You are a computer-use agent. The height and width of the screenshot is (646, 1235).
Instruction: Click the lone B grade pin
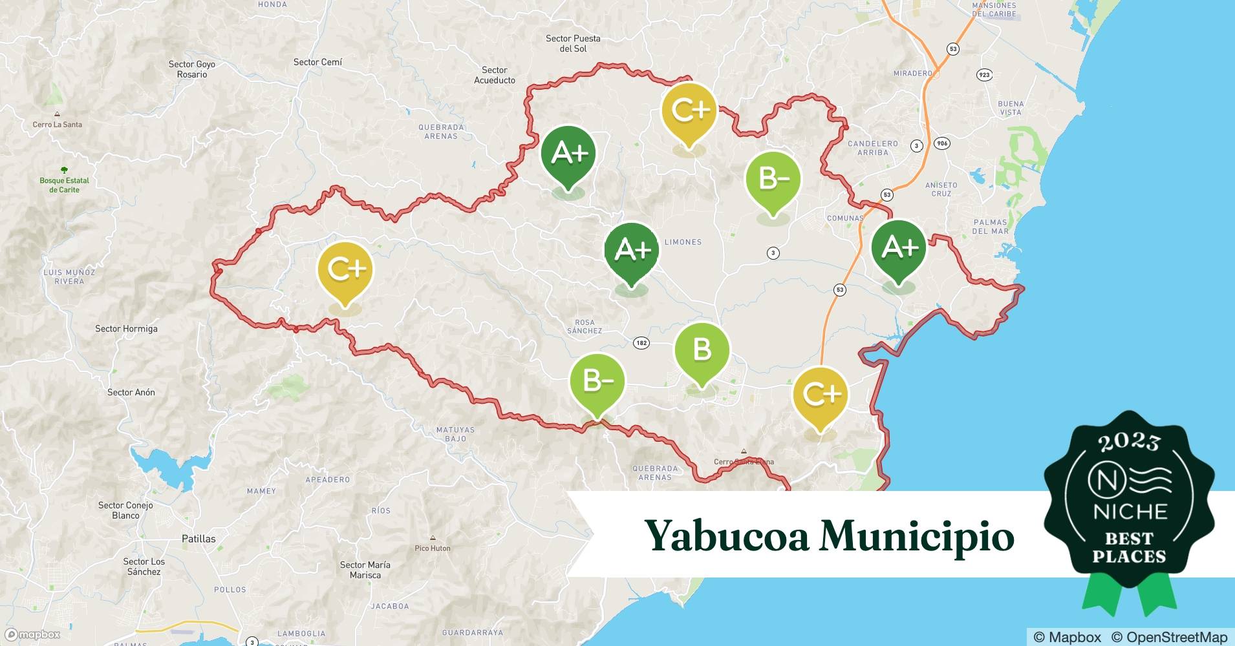click(702, 351)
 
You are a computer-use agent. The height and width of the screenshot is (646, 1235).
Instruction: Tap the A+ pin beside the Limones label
click(632, 250)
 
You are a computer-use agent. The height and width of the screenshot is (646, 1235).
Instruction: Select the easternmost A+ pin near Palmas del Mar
click(899, 247)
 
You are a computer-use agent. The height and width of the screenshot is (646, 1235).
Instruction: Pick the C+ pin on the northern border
click(689, 110)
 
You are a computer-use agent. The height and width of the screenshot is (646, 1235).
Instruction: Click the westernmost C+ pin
click(345, 269)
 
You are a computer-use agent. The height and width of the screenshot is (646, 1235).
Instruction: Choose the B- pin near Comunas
click(773, 179)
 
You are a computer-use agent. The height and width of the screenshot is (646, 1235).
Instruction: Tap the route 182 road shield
click(641, 343)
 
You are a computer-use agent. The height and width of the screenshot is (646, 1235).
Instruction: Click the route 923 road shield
click(984, 75)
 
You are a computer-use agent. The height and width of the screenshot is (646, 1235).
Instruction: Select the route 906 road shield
click(942, 143)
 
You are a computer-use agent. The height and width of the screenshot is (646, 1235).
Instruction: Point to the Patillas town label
click(199, 539)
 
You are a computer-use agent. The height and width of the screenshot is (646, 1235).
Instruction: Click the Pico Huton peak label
click(433, 548)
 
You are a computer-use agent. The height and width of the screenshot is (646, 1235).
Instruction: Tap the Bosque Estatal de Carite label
click(64, 185)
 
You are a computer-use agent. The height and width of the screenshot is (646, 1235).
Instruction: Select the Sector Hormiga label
click(126, 329)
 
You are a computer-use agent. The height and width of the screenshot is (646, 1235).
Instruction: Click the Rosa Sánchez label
click(585, 326)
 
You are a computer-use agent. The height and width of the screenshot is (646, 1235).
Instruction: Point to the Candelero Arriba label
click(873, 148)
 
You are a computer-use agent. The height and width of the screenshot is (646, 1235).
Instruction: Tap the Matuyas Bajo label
click(455, 434)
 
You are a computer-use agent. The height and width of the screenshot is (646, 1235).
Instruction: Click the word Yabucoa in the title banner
click(727, 536)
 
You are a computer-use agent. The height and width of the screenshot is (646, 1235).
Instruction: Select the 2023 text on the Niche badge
click(1128, 442)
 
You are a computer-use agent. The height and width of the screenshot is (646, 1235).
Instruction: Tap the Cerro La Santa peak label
click(58, 124)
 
